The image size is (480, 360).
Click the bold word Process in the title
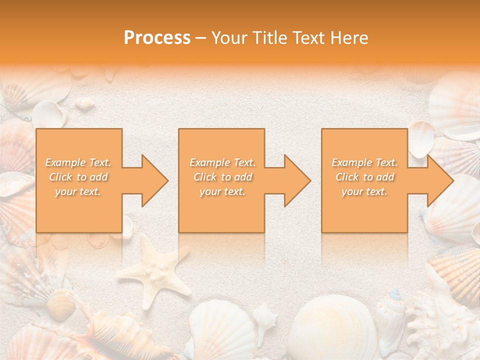coord(157,38)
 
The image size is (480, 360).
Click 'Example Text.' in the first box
coord(78,162)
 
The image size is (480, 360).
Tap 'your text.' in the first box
coord(78,191)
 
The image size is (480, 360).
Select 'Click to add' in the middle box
coord(222,177)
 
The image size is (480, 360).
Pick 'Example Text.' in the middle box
coord(222,162)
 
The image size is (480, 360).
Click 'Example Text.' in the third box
coord(365,162)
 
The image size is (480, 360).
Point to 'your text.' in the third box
coord(365,191)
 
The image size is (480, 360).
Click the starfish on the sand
coord(155,270)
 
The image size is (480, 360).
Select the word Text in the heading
coord(308,38)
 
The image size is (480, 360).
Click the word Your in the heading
coord(228,38)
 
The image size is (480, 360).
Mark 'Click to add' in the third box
coord(365,177)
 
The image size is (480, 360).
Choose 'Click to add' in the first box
coord(78,177)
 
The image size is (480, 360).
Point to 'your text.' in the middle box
coord(222,191)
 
